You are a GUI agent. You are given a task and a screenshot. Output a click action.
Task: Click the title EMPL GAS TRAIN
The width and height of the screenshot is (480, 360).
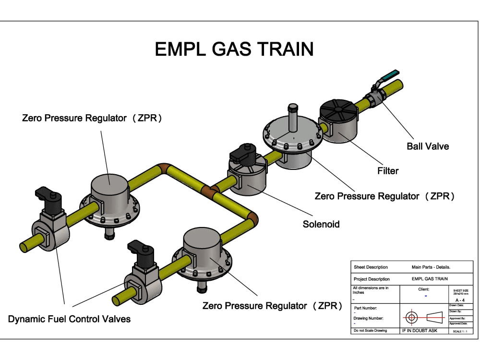coord(234,49)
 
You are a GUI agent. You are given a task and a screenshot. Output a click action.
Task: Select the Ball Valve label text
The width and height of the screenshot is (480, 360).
coord(428,146)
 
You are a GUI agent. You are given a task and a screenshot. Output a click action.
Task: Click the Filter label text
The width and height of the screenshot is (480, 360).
coord(387,170)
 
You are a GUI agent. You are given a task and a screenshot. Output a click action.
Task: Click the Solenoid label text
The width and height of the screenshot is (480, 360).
coord(321,224)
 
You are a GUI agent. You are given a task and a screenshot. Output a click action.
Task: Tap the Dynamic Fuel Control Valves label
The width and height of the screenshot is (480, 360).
coord(69,319)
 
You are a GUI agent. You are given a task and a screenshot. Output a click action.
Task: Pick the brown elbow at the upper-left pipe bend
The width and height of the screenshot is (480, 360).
coord(162,169)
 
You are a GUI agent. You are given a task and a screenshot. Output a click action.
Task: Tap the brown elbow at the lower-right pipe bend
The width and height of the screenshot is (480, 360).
coord(252,219)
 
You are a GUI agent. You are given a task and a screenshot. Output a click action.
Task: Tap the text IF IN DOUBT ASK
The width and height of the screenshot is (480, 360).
coord(419,331)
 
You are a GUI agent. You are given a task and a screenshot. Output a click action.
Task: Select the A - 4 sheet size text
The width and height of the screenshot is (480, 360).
coord(459,300)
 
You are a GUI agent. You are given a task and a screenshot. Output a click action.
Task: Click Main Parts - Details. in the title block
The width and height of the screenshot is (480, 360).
coord(431,267)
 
